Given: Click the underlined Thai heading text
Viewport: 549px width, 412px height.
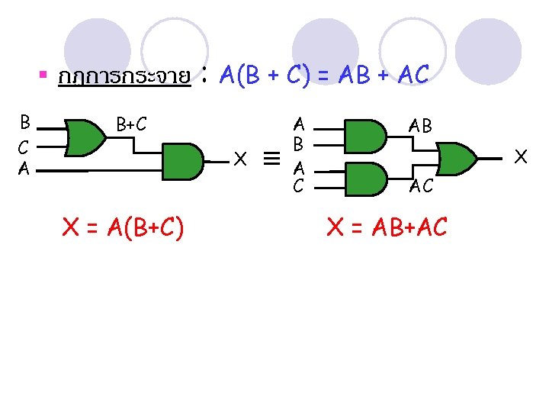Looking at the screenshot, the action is tap(124, 77).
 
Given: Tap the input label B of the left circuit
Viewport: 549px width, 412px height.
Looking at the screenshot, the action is tap(25, 122).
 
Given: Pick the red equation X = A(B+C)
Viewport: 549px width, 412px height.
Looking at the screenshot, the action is tap(122, 227).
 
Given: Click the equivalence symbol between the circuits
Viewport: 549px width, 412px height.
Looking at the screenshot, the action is tap(271, 159).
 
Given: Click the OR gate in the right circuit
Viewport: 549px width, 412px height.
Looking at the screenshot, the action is tap(457, 158).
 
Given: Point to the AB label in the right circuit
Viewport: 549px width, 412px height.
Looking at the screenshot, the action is tap(419, 127).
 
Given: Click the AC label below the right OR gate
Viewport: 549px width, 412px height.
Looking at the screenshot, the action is tap(422, 185).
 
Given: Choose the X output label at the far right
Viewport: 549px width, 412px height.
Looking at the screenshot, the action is tap(522, 156).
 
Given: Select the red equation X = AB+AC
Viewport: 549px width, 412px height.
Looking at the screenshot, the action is tap(387, 227).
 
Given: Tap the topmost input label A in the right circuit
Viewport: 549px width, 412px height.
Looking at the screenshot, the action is tap(299, 123).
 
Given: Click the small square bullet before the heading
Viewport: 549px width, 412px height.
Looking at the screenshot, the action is tap(43, 75).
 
